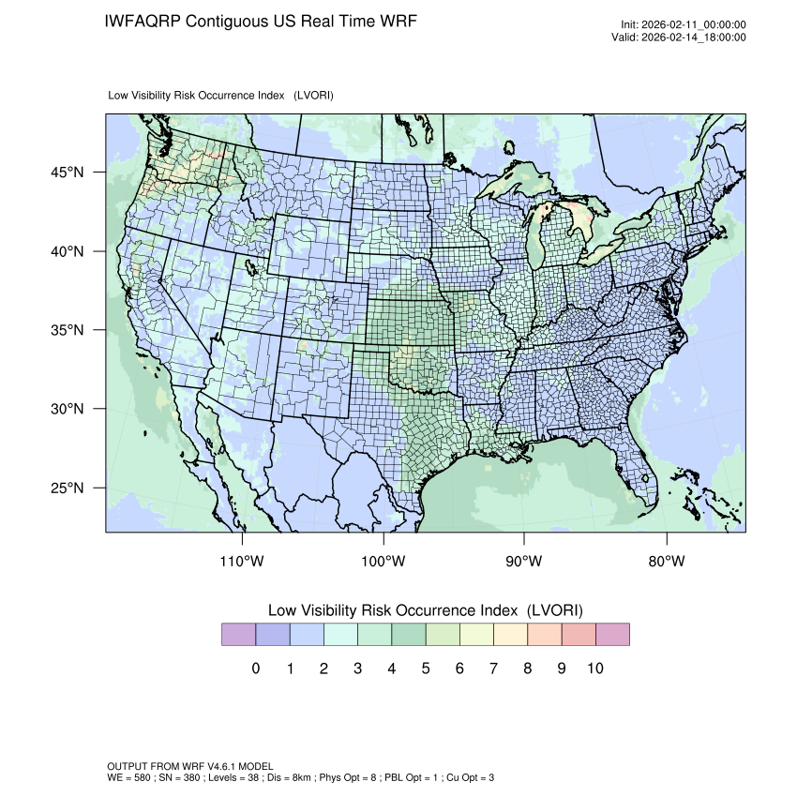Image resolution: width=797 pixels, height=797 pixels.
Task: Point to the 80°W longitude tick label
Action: pos(667,562)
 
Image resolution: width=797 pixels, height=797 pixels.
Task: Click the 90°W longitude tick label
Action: pos(525,562)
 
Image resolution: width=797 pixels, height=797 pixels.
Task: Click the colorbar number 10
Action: pos(594,669)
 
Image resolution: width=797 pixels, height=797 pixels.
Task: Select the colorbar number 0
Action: pos(255,669)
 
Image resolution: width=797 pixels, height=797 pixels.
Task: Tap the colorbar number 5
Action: pos(425,669)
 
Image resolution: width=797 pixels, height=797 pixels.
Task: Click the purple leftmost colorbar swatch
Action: pos(238,635)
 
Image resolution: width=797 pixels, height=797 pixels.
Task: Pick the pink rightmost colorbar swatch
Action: pos(612,635)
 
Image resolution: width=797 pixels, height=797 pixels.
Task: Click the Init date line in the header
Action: pos(684,24)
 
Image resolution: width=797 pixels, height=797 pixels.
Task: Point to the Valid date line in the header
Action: pos(684,38)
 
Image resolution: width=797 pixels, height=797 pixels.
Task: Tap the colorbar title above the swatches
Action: pos(425,609)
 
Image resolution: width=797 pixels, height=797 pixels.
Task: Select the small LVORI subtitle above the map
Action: pos(221,96)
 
